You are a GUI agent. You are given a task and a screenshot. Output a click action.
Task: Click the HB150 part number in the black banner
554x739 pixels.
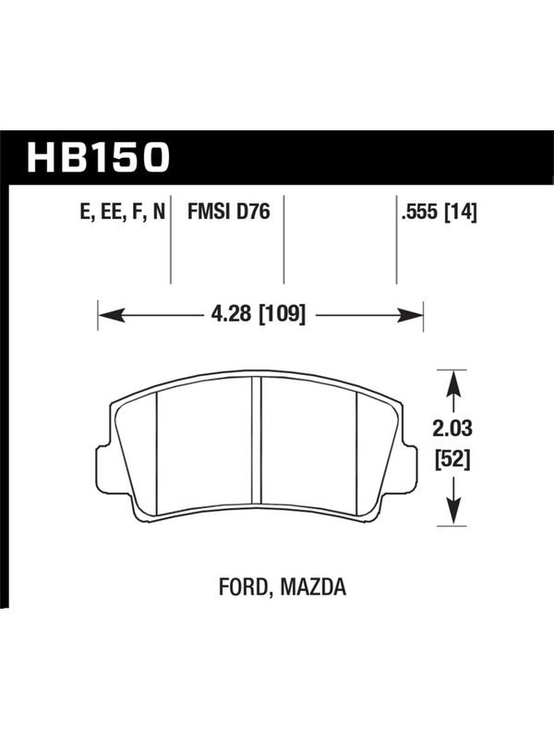98,157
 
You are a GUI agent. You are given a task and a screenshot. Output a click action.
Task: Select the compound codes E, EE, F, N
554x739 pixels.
123,212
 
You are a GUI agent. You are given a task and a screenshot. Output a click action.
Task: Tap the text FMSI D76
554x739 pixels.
228,212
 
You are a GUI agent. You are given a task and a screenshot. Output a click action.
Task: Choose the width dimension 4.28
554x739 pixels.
232,314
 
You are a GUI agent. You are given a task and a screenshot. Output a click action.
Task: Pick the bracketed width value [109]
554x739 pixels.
283,314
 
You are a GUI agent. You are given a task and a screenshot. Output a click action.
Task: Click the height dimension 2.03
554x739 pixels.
452,429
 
